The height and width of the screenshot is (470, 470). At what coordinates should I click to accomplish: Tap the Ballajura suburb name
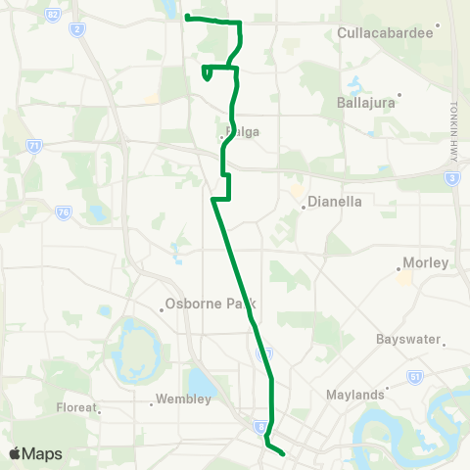coord(363,102)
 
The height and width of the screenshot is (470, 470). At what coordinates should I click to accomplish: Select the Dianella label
coord(335,204)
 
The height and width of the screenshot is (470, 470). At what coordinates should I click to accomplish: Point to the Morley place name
coord(426,263)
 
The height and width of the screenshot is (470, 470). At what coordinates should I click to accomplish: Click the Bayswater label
coord(406,339)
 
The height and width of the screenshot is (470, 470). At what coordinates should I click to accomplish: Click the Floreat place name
coord(76,407)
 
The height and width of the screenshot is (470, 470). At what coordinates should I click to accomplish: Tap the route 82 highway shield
coord(53,12)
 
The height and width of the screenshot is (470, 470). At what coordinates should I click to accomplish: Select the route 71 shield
coord(35,146)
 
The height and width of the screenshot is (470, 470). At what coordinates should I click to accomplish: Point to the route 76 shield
coord(63,211)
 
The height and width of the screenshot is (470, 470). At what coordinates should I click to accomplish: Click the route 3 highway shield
coord(451,177)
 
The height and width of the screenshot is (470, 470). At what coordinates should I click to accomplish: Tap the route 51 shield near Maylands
coord(415,376)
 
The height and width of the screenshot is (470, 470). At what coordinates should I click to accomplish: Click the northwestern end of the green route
coord(186,18)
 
